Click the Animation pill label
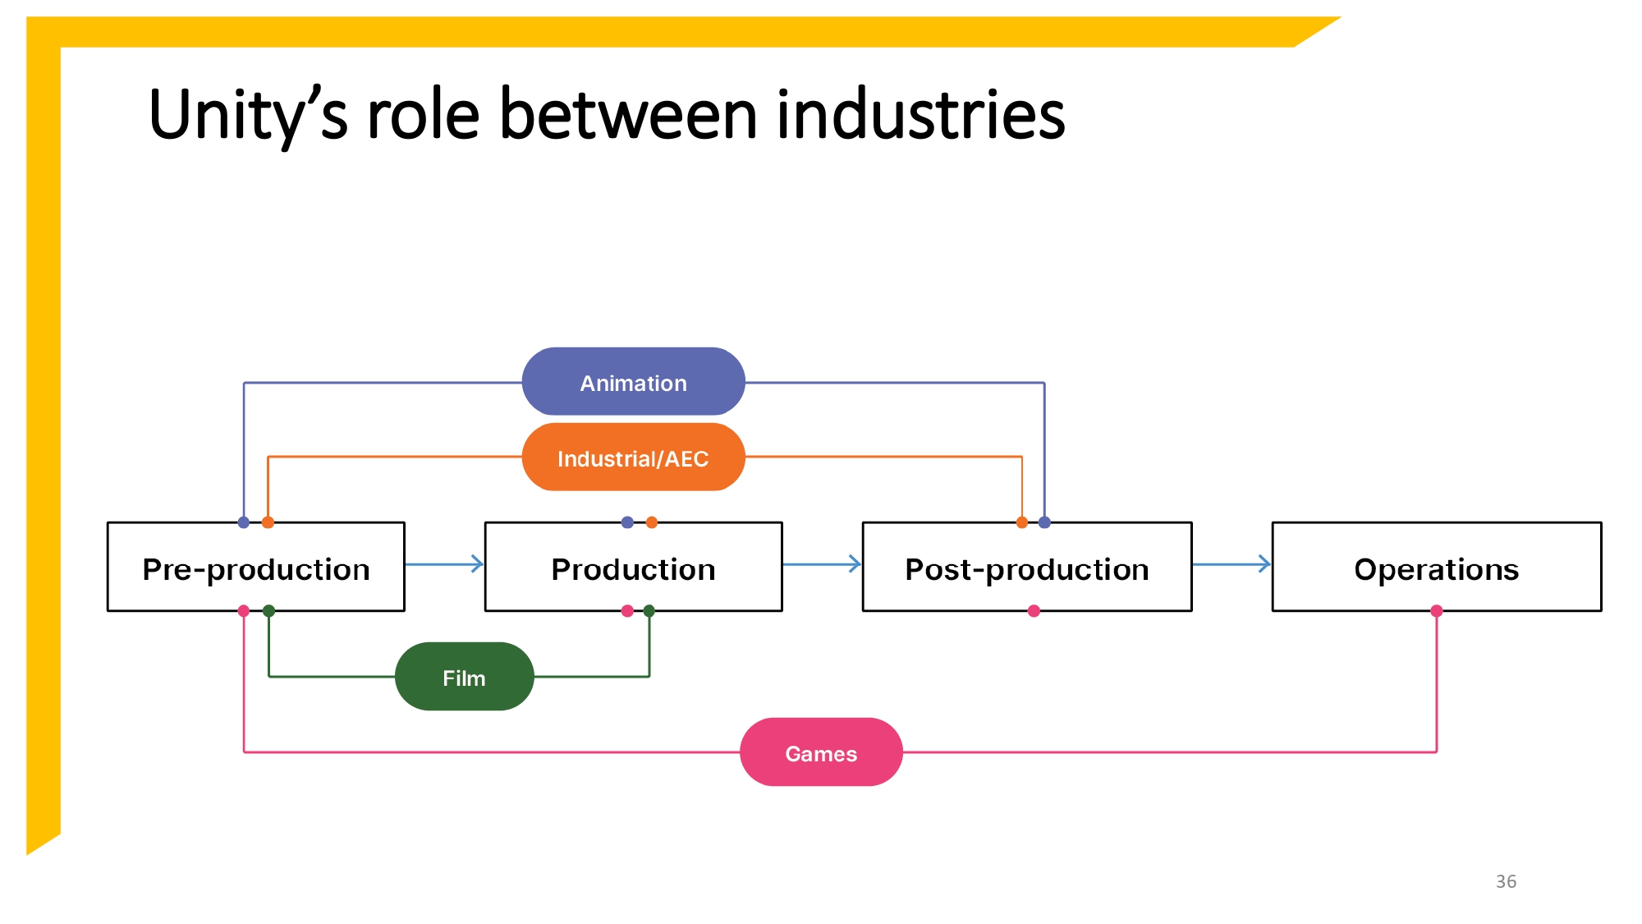click(x=633, y=383)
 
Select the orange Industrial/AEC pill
click(x=633, y=457)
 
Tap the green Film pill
click(x=464, y=677)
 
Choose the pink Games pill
click(x=821, y=752)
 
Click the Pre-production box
click(x=256, y=568)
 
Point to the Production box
click(x=633, y=568)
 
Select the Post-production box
click(x=1026, y=568)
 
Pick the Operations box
click(x=1436, y=568)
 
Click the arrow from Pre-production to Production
click(x=444, y=564)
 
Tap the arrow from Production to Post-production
click(x=822, y=564)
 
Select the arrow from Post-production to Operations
click(x=1231, y=564)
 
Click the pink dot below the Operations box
click(x=1436, y=611)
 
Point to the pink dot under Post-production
click(x=1034, y=611)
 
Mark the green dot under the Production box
click(x=649, y=611)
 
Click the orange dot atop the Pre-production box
click(x=268, y=522)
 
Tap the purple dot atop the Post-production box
click(x=1044, y=522)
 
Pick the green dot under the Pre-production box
click(x=268, y=611)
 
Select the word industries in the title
click(x=920, y=116)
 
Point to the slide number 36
click(x=1506, y=881)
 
